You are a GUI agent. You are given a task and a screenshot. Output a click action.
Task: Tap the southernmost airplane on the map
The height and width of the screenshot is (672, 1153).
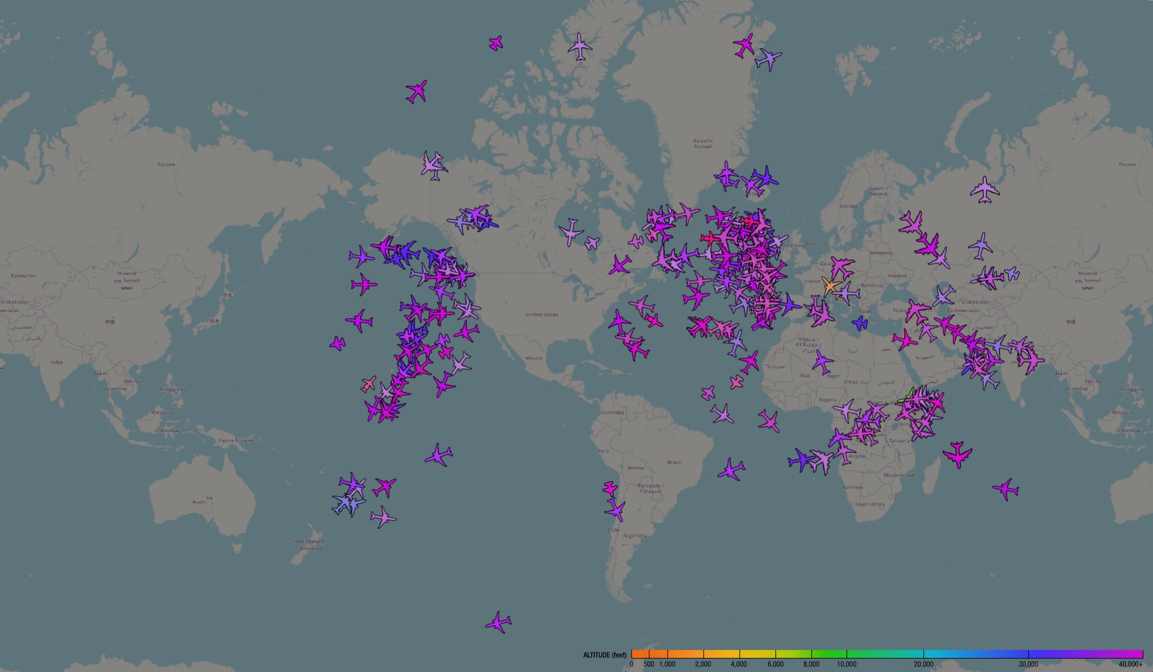pos(498,622)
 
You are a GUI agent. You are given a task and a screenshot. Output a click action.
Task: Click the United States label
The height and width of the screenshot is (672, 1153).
pos(542,315)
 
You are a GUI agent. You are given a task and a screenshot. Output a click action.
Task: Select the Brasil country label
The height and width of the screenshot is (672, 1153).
pos(674,462)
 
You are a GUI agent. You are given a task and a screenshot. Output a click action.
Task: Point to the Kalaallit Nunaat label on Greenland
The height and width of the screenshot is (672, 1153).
pos(703,144)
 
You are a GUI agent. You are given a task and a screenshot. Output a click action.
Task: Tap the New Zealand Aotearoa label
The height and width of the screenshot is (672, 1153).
pos(309,544)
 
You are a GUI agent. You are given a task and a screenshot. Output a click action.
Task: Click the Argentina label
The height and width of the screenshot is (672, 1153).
pos(635,536)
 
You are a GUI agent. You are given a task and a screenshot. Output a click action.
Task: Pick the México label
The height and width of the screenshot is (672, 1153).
pos(534,358)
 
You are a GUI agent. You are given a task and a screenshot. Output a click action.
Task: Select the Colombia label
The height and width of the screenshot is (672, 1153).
pos(612,413)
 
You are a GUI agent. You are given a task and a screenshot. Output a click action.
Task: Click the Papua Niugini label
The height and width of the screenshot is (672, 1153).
pos(236,440)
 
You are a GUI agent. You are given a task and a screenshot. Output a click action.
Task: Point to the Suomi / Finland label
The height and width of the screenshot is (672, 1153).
pos(878,191)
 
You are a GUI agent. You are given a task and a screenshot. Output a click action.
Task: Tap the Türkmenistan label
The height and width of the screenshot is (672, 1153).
pos(963,310)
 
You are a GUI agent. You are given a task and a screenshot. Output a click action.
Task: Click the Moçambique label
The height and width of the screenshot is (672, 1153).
pos(899,475)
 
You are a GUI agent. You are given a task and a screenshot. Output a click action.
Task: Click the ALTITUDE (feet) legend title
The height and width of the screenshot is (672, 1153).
pos(604,655)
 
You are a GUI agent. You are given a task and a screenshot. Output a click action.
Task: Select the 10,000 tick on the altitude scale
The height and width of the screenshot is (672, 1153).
pos(846,664)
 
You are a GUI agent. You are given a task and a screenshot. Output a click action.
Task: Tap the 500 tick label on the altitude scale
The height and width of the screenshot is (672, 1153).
pos(649,664)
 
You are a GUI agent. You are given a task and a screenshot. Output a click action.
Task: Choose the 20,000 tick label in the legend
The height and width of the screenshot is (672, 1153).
pos(923,664)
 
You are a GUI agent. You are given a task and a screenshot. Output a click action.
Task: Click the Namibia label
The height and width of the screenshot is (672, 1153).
pos(852,487)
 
